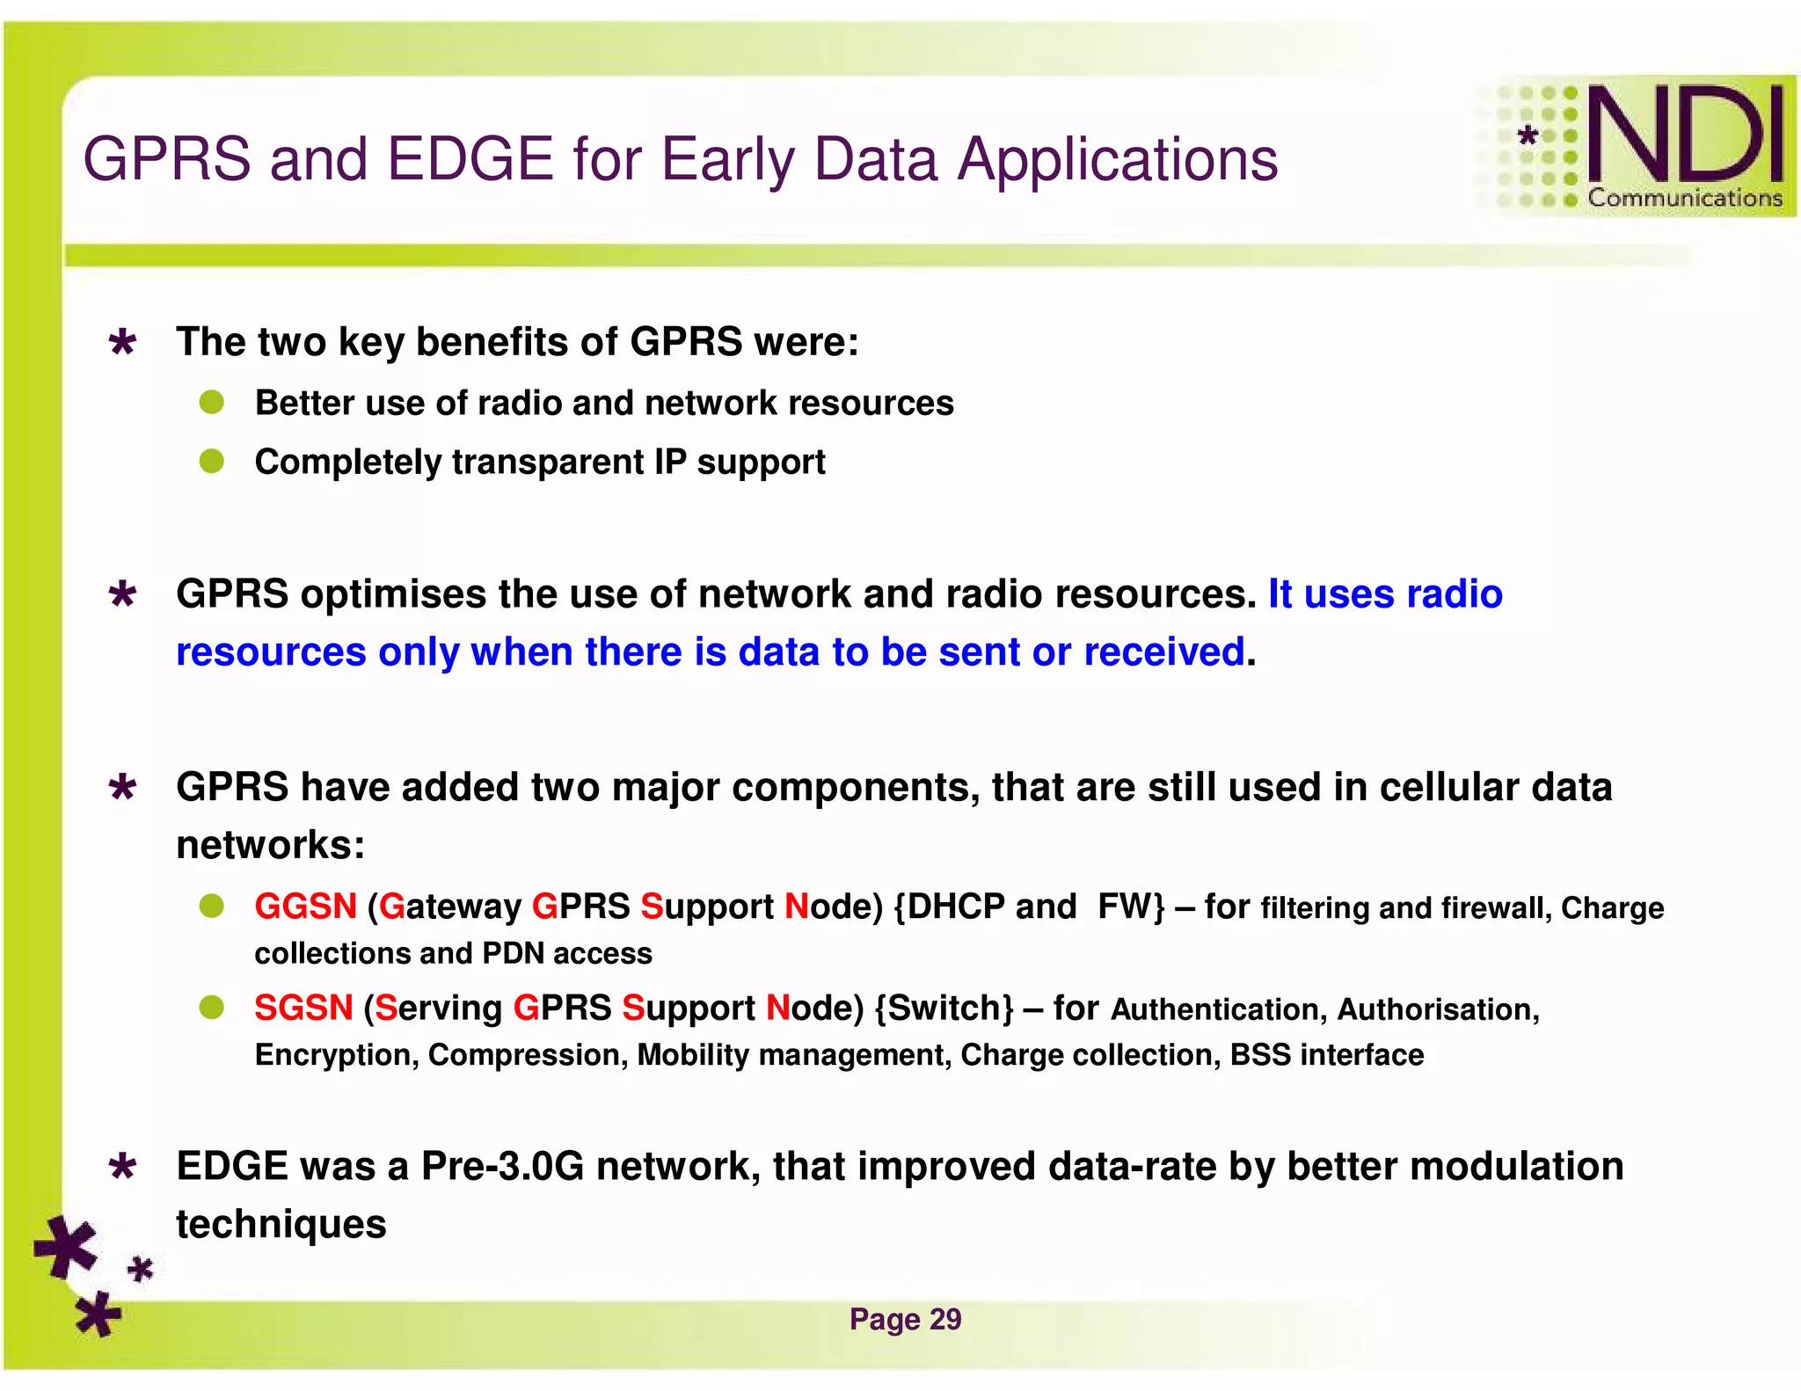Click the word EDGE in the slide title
470,160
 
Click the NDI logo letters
1684,134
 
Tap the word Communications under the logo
1684,198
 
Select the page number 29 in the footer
944,1319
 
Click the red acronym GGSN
305,907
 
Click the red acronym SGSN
303,1008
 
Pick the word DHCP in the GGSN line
955,907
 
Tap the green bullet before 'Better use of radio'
211,403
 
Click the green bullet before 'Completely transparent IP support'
211,461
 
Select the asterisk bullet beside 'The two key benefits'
122,342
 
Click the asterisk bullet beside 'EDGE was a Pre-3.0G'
122,1168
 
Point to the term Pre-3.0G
502,1167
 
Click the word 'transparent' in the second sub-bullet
549,462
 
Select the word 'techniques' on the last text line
281,1225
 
